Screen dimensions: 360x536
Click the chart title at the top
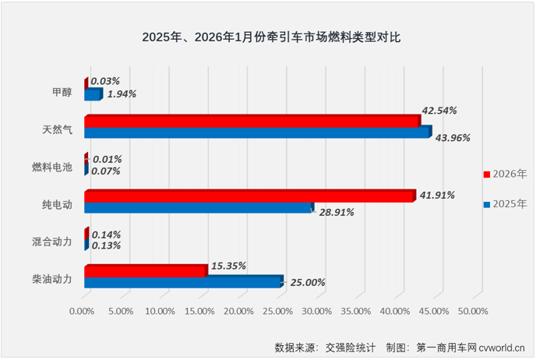coord(271,37)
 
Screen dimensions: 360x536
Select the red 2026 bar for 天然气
coord(252,121)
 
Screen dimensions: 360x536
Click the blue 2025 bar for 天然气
coord(256,132)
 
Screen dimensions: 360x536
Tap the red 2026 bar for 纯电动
coord(249,196)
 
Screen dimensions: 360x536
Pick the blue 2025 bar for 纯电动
coord(198,207)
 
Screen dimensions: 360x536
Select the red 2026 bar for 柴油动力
coord(145,270)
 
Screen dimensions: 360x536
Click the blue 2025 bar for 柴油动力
coord(182,282)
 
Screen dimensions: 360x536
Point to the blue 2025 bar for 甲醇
coord(93,94)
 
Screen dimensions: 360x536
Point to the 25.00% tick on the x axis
coord(277,311)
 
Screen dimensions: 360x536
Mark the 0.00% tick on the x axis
coord(82,311)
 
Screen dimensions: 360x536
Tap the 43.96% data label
coord(452,138)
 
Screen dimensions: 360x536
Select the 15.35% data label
coord(228,266)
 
